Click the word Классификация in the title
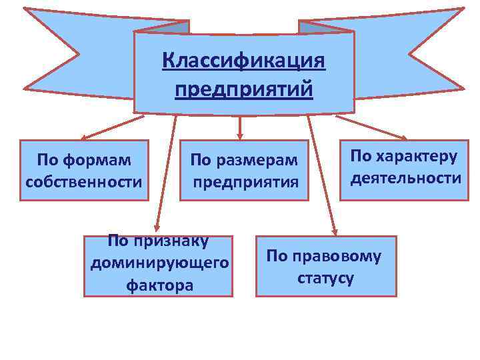(244, 62)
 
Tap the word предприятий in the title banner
(244, 89)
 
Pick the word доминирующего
(159, 263)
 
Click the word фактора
(159, 285)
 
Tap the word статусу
(326, 277)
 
